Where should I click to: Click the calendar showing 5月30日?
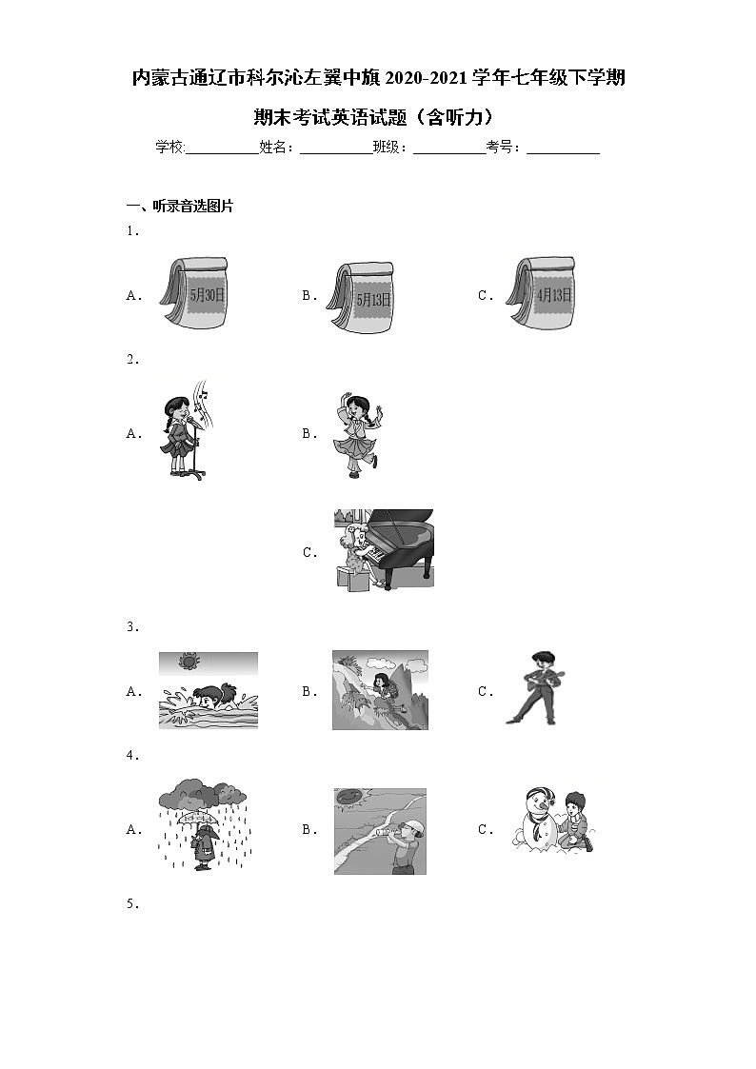click(x=194, y=293)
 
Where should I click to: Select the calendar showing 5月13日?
click(x=361, y=297)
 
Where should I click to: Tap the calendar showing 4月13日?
click(x=541, y=293)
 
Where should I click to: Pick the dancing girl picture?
click(x=358, y=434)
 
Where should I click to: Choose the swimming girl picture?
click(x=209, y=690)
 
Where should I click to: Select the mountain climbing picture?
click(x=381, y=690)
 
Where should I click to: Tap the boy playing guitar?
click(x=536, y=688)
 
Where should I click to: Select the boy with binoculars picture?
click(x=381, y=831)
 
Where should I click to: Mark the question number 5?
click(x=132, y=904)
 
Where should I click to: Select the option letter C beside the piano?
click(x=309, y=552)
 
